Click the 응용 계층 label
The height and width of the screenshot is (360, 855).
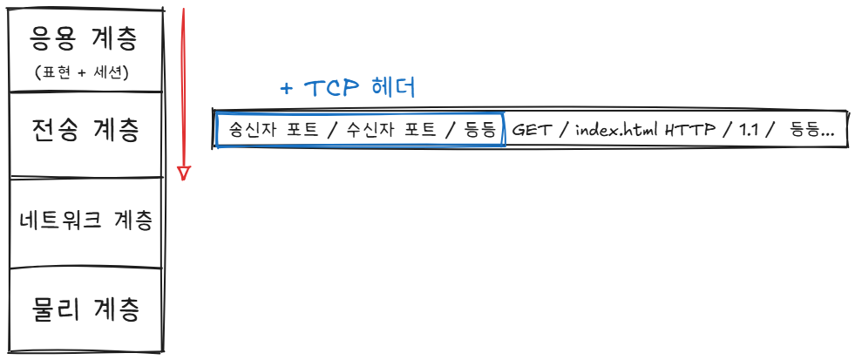coord(85,38)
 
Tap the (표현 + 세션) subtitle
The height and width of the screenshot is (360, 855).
coord(84,72)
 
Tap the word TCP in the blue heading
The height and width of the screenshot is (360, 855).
coord(332,88)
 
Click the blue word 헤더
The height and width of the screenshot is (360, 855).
coord(393,88)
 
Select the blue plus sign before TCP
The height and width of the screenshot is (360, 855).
coord(286,89)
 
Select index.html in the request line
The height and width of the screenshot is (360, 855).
coord(616,131)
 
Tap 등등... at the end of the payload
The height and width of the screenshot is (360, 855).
coord(811,131)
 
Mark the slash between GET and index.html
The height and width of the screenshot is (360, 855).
coord(563,131)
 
